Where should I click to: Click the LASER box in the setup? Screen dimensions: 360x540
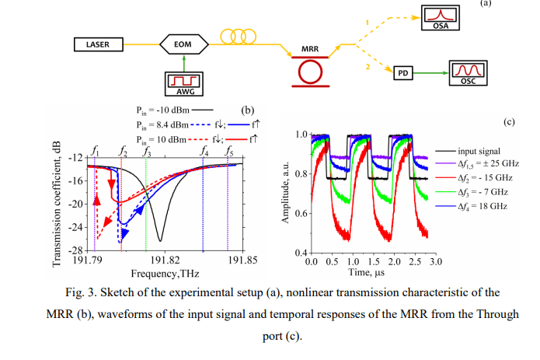pos(92,44)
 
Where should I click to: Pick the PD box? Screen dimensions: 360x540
pos(402,72)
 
